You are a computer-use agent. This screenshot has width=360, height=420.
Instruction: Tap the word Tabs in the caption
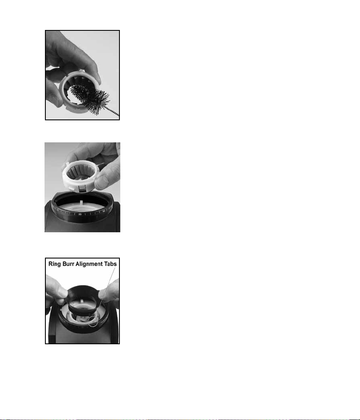click(x=110, y=264)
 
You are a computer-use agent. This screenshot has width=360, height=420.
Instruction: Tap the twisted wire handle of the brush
click(x=114, y=112)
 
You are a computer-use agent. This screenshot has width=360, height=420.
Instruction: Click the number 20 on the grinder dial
click(x=80, y=214)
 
